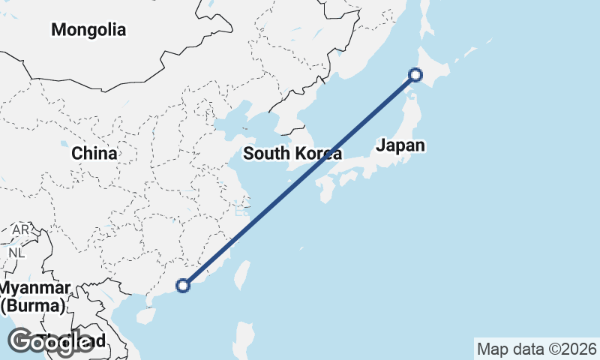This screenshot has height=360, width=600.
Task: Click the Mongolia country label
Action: [x=88, y=31]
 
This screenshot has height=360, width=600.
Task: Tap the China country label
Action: [x=94, y=154]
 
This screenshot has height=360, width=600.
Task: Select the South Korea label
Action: [x=292, y=154]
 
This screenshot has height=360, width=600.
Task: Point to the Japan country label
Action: [x=400, y=145]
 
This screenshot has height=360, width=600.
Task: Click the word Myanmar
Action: [x=35, y=289]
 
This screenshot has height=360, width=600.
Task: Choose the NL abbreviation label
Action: [x=16, y=253]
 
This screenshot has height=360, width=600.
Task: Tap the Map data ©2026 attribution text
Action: [x=536, y=349]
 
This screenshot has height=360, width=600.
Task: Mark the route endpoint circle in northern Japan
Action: [x=415, y=74]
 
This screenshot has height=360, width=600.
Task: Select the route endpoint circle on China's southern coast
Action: [x=182, y=285]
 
